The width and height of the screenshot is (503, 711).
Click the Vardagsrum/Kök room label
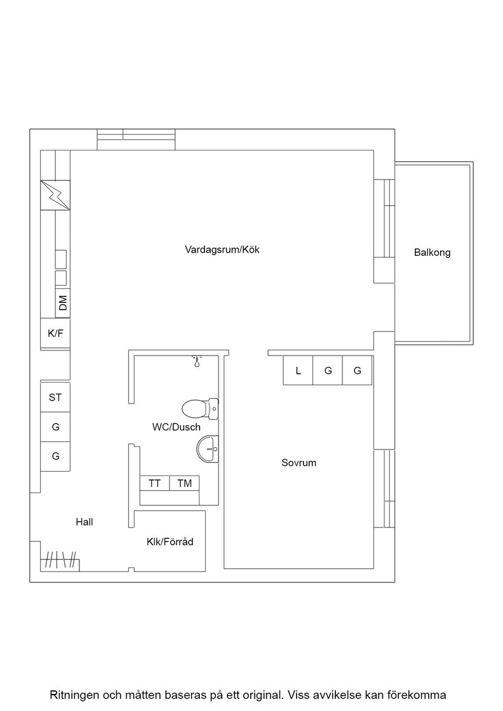(222, 249)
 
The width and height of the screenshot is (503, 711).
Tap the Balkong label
(433, 253)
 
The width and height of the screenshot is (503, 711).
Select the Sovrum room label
(299, 463)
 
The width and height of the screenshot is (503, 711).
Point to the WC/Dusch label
(177, 427)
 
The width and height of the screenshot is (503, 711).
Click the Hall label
(84, 522)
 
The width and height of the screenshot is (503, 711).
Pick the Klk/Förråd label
(170, 542)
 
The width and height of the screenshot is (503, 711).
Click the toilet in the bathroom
(200, 409)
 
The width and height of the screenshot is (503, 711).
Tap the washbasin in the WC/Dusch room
(208, 449)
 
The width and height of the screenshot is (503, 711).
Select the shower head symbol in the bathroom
(197, 361)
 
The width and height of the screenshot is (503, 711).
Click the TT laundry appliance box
(155, 483)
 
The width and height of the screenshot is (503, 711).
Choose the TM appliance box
(185, 483)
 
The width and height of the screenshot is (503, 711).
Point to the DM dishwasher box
(63, 303)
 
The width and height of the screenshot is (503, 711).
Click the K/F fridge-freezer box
(55, 334)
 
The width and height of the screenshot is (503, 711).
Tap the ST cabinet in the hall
(55, 397)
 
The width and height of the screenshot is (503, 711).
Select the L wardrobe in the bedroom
(298, 371)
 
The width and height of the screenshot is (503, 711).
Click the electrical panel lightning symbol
(55, 195)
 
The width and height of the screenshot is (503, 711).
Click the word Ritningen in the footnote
(73, 694)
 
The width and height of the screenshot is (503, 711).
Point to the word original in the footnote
(265, 695)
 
